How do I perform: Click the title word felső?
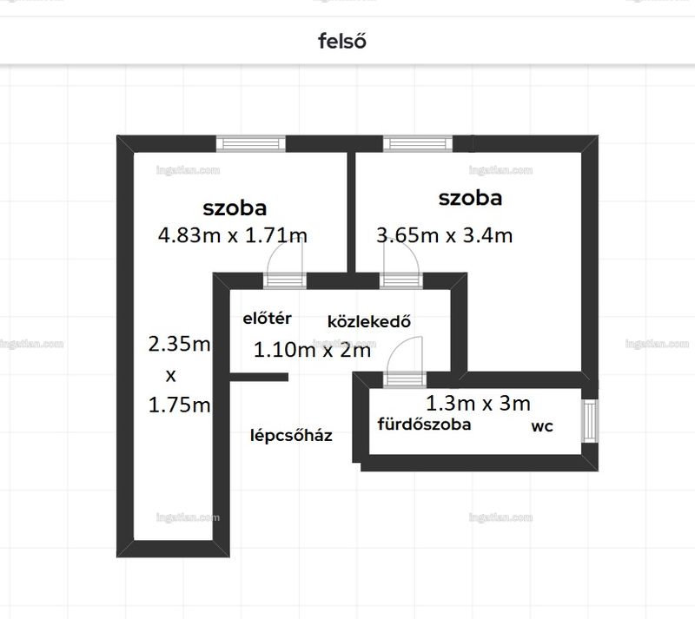[x=342, y=41]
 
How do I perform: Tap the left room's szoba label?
[x=235, y=207]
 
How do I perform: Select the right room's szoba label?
[x=470, y=198]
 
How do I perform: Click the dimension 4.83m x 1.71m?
[x=233, y=235]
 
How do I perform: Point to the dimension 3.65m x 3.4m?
[x=445, y=235]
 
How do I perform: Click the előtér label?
[x=268, y=318]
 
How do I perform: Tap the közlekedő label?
[x=369, y=321]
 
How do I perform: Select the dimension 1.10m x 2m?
[x=312, y=350]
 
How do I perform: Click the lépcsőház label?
[x=291, y=435]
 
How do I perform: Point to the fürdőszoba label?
[x=424, y=424]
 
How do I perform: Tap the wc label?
[x=542, y=426]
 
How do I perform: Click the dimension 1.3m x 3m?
[x=479, y=403]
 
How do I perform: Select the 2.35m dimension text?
[x=179, y=344]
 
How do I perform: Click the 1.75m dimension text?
[x=179, y=405]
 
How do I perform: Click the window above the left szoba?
[x=251, y=143]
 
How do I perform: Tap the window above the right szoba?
[x=418, y=143]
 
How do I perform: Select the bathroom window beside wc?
[x=590, y=420]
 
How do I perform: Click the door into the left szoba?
[x=285, y=266]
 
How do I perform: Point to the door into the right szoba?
[x=401, y=266]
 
